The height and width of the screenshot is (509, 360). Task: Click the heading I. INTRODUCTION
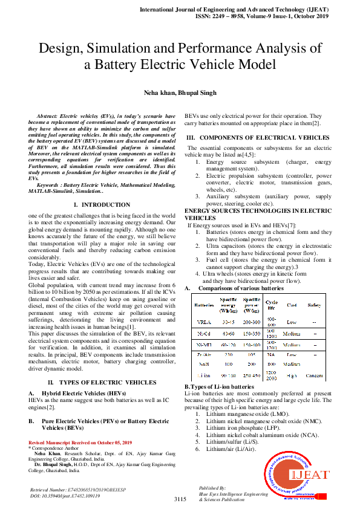101,205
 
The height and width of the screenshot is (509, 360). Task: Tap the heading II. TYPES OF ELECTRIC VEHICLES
101,366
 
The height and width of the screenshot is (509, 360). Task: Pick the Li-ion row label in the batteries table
204,376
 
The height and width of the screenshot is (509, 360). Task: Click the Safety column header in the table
315,305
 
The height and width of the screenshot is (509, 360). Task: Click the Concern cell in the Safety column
315,376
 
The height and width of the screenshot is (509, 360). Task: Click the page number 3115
180,499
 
